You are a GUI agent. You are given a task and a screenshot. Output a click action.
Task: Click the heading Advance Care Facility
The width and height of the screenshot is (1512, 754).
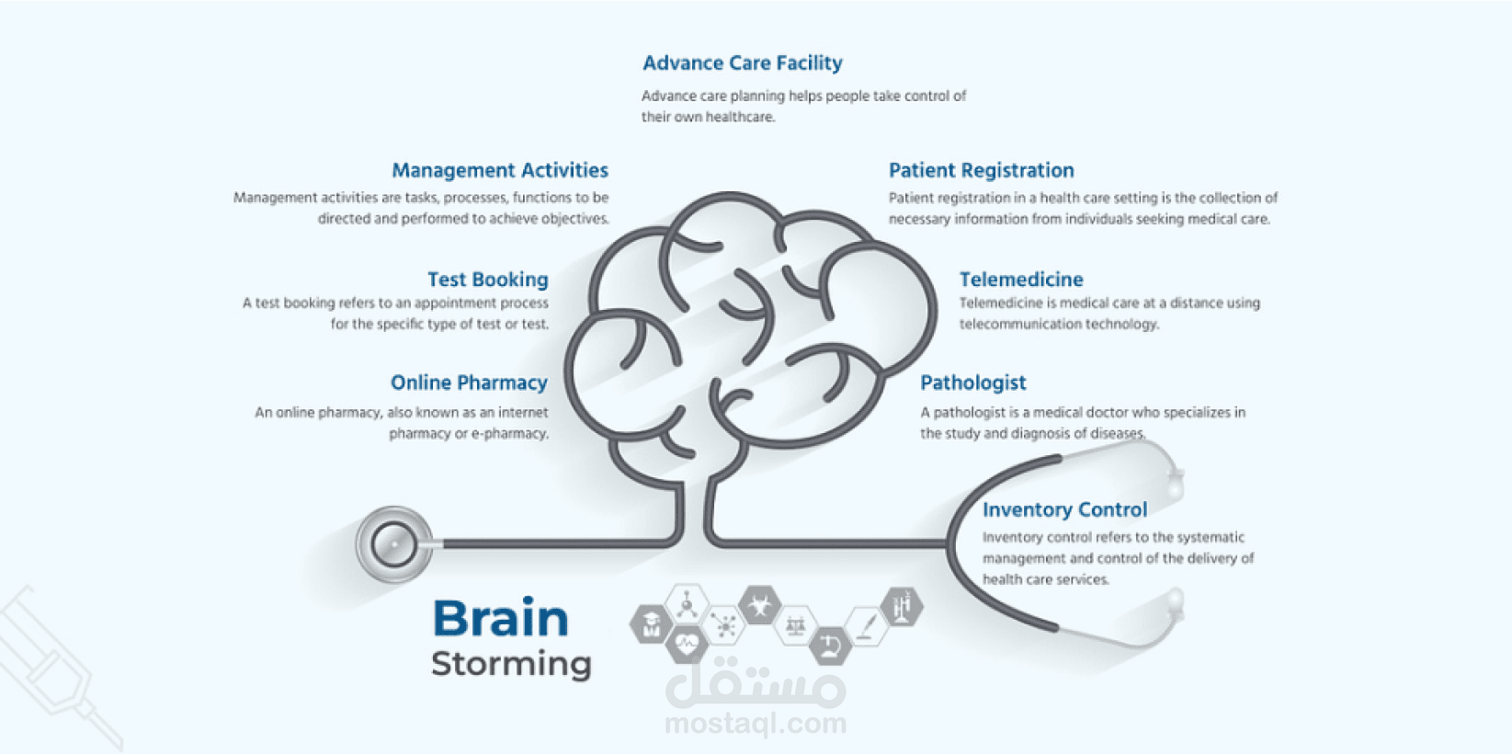click(742, 63)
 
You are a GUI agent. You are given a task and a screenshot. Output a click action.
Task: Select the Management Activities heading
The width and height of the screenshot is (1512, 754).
click(500, 170)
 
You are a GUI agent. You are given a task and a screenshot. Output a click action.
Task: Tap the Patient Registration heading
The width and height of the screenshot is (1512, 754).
click(981, 170)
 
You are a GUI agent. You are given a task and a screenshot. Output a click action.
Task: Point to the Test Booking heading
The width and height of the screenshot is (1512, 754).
click(487, 280)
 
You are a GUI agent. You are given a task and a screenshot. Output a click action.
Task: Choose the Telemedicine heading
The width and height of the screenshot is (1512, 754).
click(1021, 280)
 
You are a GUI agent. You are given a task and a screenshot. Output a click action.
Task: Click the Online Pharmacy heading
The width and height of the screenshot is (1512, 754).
click(469, 383)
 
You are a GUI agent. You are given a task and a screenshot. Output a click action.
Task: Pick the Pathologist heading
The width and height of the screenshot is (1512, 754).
click(972, 383)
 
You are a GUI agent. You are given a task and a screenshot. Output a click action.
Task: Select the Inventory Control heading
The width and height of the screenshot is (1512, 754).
click(1064, 509)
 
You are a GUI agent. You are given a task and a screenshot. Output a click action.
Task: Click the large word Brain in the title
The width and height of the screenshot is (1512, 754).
click(501, 618)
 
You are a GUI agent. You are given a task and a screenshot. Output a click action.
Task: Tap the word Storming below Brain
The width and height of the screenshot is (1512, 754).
click(511, 664)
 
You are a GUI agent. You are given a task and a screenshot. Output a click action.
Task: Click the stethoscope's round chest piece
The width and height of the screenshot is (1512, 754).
click(393, 544)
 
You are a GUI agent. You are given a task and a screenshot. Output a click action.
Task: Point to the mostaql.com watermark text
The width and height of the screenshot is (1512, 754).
click(756, 724)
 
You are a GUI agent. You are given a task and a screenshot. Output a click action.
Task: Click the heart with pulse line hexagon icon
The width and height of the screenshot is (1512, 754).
click(687, 644)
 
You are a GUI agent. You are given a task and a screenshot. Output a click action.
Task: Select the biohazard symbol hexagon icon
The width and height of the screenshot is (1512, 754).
click(760, 606)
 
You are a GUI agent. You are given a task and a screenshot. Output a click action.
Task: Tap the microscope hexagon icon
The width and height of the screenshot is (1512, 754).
click(830, 644)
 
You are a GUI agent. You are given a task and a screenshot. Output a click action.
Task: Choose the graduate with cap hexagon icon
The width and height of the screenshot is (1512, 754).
click(651, 624)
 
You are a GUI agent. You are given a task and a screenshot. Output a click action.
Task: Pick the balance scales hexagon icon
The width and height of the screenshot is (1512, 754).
click(795, 625)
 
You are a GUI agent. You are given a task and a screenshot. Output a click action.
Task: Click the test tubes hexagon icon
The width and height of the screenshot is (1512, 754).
click(902, 607)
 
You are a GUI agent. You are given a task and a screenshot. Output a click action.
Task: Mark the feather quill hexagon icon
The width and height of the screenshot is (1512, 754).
click(866, 625)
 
